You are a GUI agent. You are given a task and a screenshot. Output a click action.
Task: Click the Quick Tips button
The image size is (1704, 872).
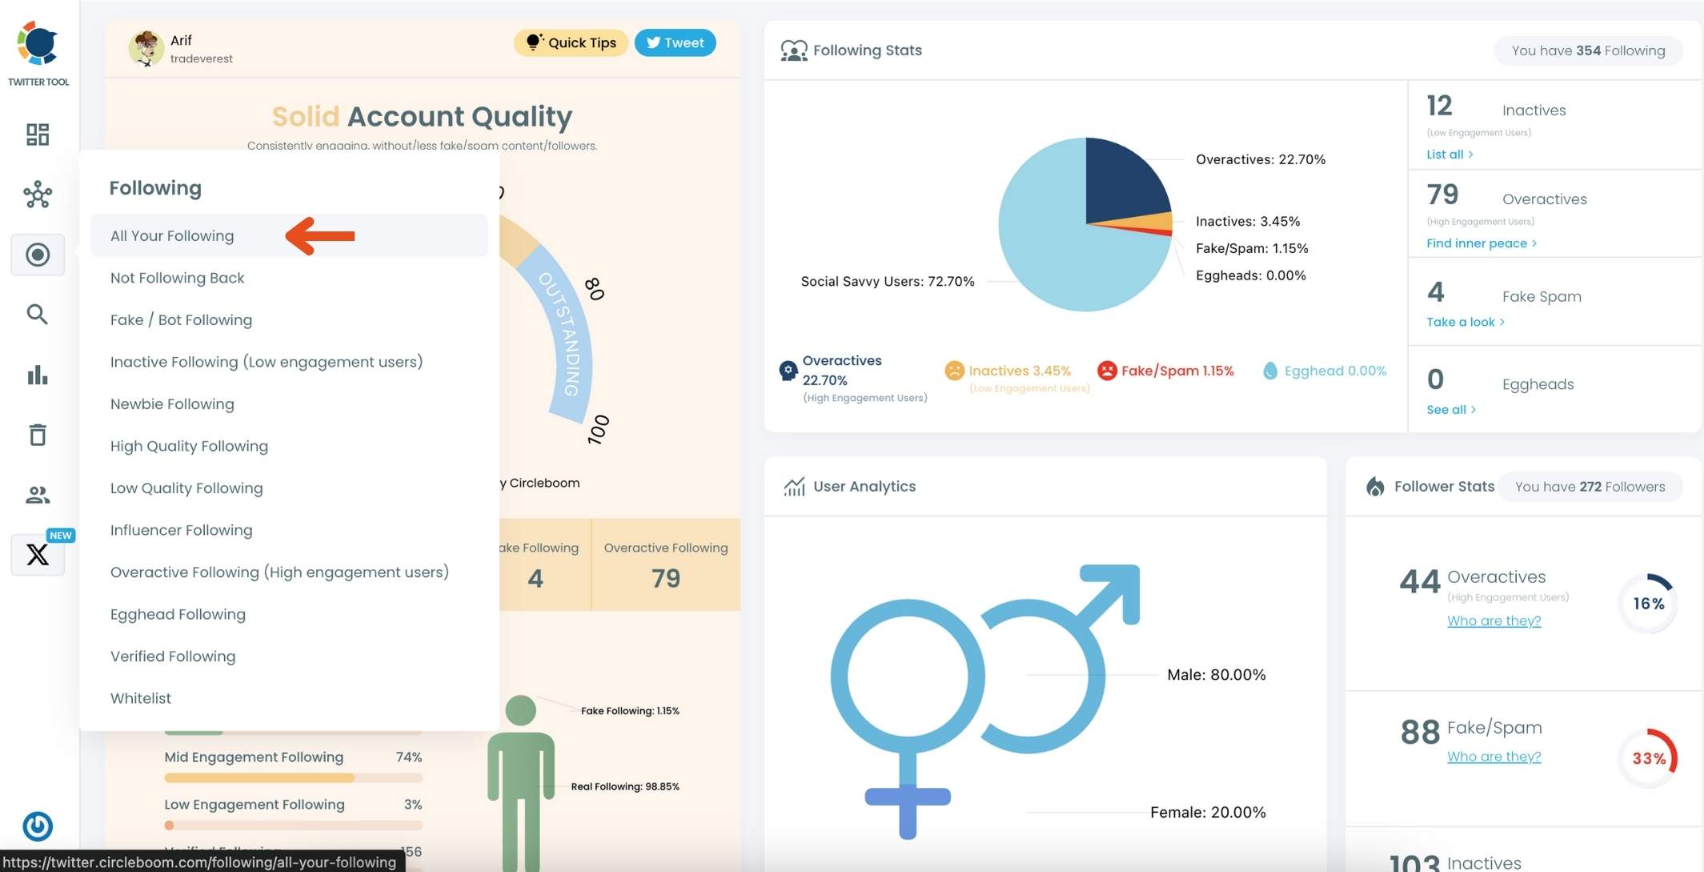[571, 43]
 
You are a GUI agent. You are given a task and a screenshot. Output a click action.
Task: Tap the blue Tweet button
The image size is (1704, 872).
[675, 43]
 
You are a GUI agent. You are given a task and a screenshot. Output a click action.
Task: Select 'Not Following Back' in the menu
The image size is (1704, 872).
[178, 278]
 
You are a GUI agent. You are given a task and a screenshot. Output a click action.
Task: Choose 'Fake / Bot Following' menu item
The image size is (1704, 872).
[181, 320]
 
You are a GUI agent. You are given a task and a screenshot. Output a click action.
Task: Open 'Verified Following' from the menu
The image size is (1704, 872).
[173, 657]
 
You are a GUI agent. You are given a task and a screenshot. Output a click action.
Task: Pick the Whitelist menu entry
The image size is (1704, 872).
[141, 698]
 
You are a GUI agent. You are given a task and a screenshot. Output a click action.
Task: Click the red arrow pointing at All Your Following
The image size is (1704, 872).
[320, 235]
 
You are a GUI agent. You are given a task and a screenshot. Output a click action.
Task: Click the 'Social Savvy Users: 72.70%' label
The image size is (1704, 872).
[888, 282]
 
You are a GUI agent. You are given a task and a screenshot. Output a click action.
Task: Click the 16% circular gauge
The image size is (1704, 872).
[1648, 604]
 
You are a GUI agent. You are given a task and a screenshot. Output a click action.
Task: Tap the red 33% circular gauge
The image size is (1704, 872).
[1648, 758]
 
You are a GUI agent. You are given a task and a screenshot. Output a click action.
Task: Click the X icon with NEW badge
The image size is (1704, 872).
[38, 554]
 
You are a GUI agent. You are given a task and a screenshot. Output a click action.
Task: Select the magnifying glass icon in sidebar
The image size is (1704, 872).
[38, 315]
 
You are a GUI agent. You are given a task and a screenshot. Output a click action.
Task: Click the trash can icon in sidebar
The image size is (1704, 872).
[38, 435]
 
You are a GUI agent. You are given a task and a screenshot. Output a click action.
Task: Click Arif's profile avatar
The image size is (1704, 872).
[146, 49]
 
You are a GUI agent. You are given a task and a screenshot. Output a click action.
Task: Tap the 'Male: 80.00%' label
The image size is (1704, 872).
[1216, 675]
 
